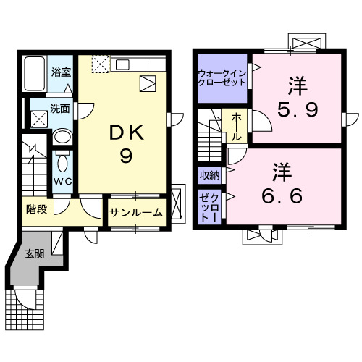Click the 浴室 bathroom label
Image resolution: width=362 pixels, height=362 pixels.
coord(60,72)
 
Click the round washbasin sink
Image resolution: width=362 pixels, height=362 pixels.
coord(64,138)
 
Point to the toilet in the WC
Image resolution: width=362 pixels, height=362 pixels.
coord(62,161)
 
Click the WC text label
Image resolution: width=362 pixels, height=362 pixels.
coord(62,182)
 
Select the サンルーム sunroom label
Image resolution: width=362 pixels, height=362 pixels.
coord(137,214)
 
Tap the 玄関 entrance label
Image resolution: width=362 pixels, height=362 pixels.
coord(33,253)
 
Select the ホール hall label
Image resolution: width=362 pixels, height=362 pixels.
coord(237,128)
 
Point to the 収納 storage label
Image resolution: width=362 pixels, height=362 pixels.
coord(210,175)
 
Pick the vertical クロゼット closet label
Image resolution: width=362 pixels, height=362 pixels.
coord(210,206)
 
